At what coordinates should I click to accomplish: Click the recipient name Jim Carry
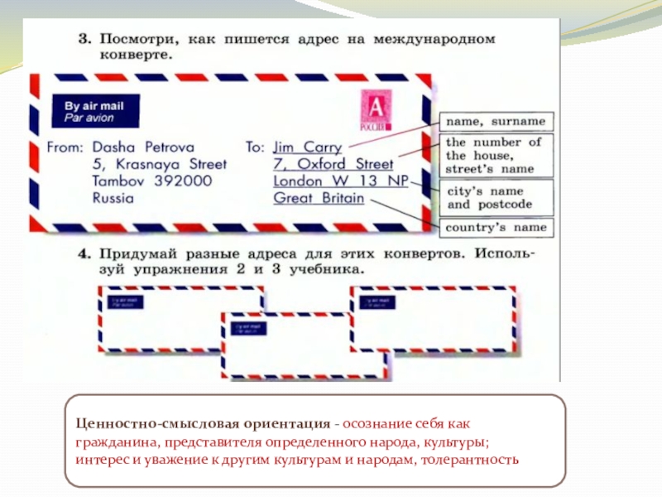(x=307, y=147)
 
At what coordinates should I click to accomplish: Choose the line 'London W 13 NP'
(x=340, y=181)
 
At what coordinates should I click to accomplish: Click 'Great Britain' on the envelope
(x=318, y=199)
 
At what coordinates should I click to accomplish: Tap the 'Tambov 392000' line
(x=153, y=181)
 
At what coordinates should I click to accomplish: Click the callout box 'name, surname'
(x=496, y=121)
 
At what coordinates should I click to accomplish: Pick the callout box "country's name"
(x=496, y=227)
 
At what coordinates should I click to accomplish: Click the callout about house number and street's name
(x=494, y=155)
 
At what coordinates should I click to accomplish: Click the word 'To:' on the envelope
(x=255, y=147)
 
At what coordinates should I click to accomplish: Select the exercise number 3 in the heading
(x=84, y=40)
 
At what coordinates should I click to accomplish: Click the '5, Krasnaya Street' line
(x=159, y=164)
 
